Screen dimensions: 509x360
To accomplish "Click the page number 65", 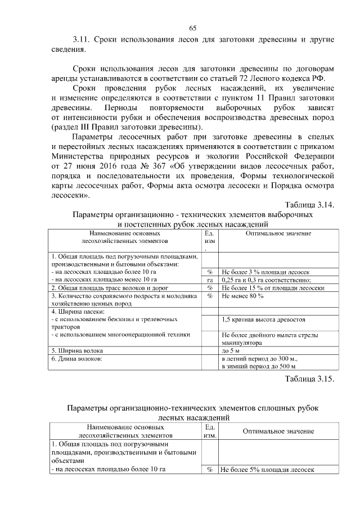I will click(x=192, y=29).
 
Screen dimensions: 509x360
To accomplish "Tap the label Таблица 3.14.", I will click(x=309, y=205).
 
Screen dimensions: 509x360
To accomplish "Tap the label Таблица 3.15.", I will click(x=309, y=378).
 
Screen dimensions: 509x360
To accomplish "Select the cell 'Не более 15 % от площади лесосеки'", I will click(x=273, y=287).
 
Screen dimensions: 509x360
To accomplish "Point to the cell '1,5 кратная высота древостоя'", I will click(x=263, y=319).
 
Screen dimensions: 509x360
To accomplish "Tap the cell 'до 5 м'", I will click(x=231, y=350).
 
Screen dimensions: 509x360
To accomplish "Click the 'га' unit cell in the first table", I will click(x=209, y=280).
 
